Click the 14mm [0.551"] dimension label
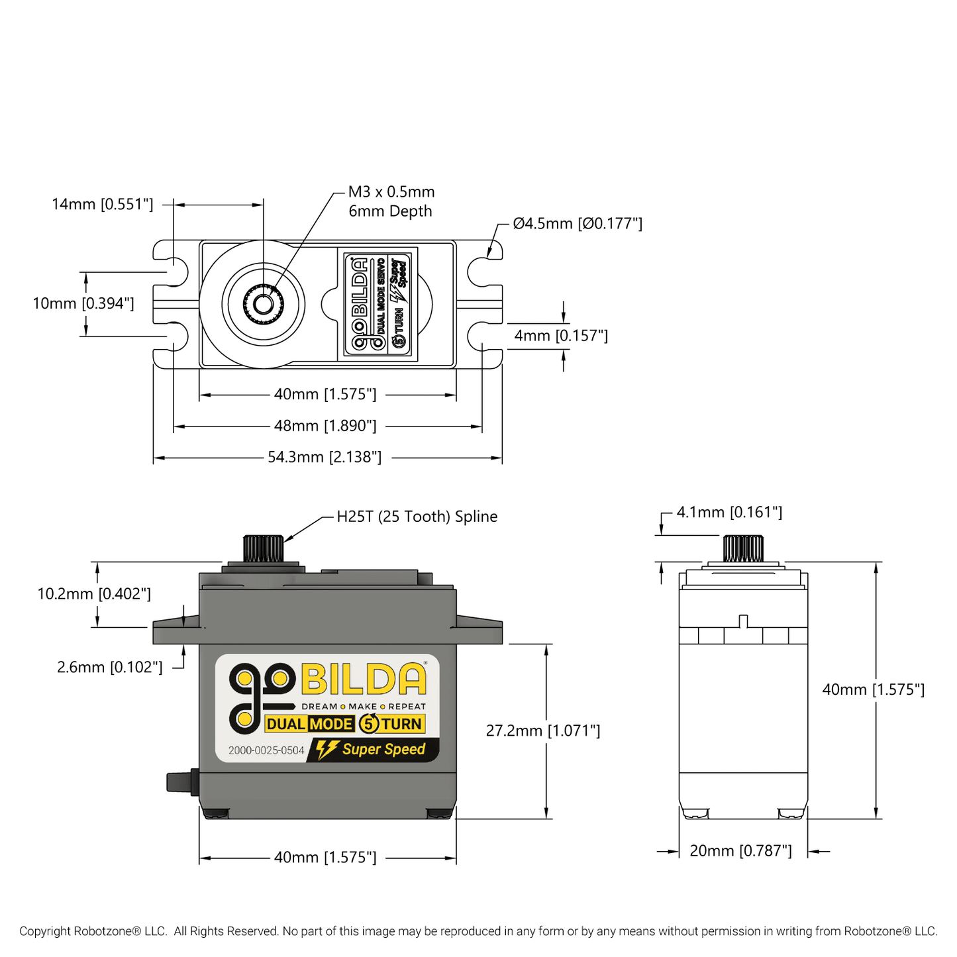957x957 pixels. [103, 204]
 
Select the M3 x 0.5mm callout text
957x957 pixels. [391, 192]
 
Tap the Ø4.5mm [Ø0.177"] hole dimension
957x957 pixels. [578, 224]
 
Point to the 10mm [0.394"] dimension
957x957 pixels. [83, 303]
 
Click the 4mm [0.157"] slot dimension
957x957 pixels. [561, 336]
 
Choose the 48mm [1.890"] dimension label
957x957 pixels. [325, 426]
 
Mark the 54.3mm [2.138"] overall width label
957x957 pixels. [325, 457]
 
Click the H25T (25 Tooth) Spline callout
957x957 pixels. [417, 517]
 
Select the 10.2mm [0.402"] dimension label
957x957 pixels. [94, 593]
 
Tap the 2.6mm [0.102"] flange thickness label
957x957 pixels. [110, 667]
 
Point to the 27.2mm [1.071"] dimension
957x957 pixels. [543, 730]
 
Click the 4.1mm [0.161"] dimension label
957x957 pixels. [729, 512]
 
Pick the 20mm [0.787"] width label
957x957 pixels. [740, 851]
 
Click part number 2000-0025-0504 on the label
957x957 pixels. [266, 750]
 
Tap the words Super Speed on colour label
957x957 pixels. [383, 749]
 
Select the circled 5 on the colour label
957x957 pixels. [369, 724]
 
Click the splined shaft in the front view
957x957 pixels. [263, 549]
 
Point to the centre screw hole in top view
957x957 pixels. [264, 304]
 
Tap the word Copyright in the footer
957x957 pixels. [44, 931]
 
